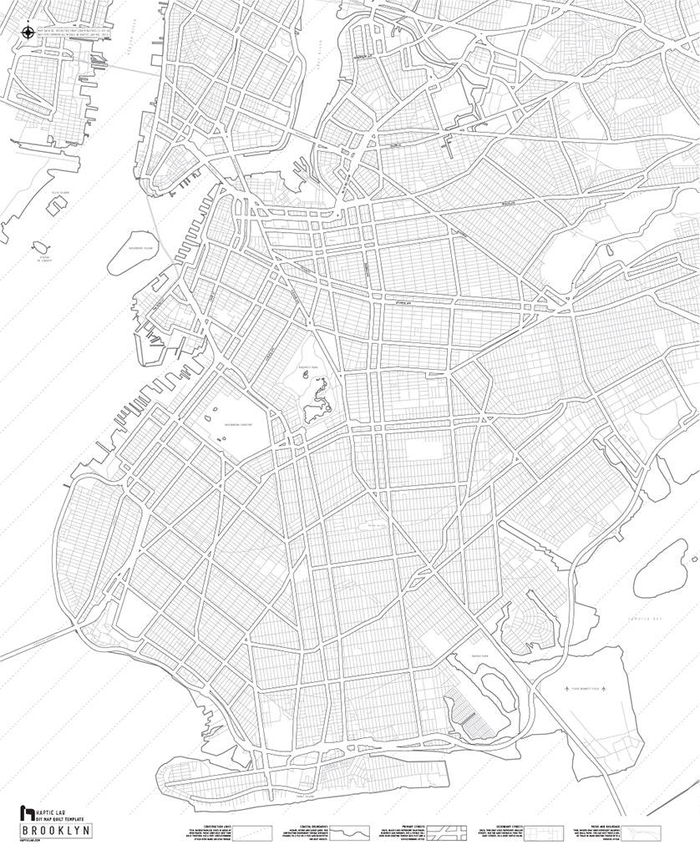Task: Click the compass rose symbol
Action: [x=27, y=33]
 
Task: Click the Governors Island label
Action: [x=140, y=248]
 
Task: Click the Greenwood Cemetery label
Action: [x=238, y=424]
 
